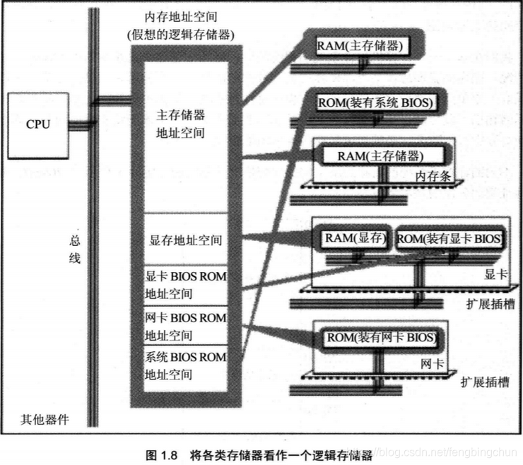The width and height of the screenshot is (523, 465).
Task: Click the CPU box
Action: pos(38,125)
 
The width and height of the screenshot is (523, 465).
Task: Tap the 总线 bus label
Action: pos(75,249)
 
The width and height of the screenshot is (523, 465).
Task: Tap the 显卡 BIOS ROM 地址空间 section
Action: pos(186,285)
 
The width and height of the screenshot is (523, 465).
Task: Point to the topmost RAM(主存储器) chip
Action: pos(360,47)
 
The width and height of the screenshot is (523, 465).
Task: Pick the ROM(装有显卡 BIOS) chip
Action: pos(450,239)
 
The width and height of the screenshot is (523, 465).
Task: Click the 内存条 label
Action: pos(433,176)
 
